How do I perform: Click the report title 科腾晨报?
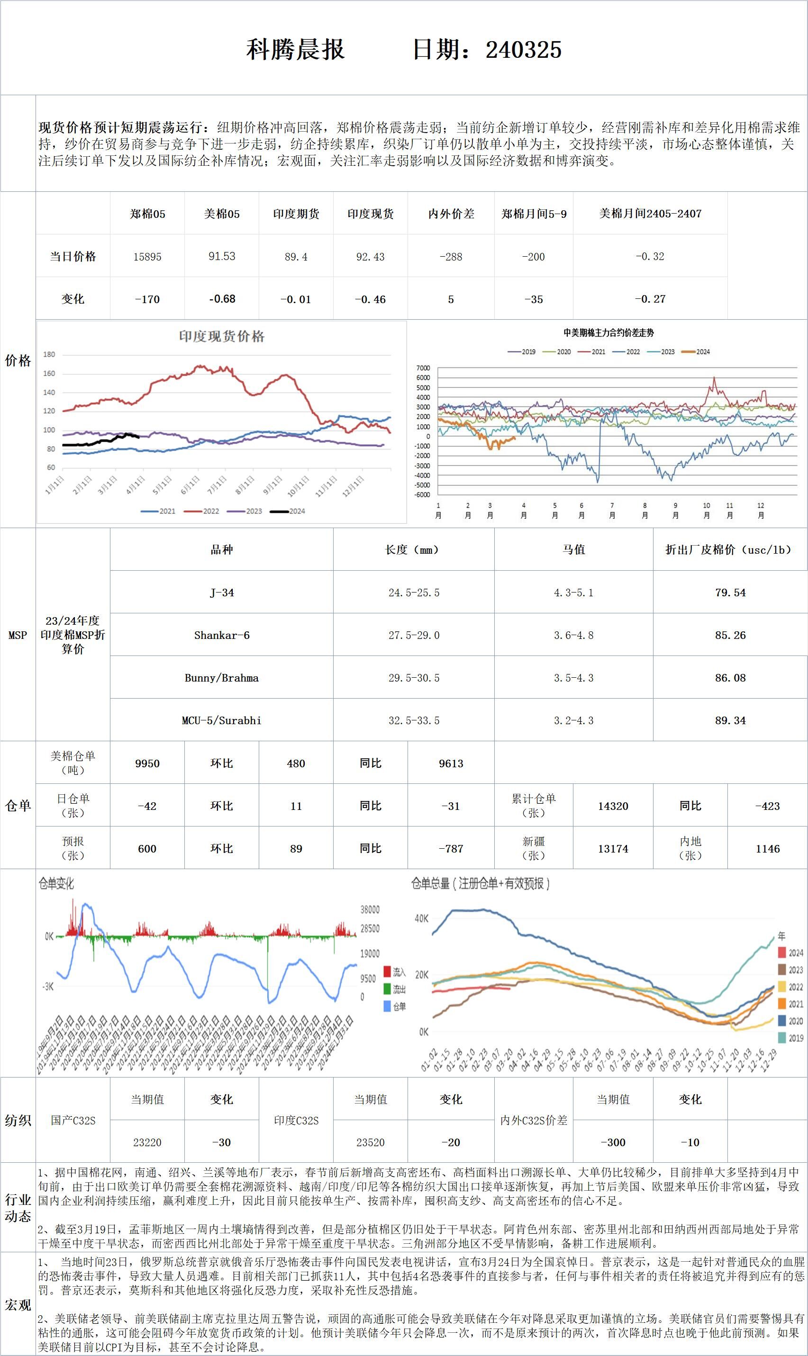(295, 50)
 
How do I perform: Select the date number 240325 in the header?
(523, 50)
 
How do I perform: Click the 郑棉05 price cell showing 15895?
(147, 256)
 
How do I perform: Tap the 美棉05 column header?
(222, 214)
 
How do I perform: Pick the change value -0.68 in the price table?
(222, 299)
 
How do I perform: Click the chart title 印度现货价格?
(222, 337)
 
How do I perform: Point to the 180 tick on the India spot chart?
(49, 354)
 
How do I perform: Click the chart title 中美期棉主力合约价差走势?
(608, 332)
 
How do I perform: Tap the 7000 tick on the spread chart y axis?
(423, 368)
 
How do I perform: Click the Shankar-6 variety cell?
(222, 635)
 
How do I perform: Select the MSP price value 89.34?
(730, 720)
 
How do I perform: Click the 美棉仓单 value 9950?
(147, 763)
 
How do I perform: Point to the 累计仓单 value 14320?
(613, 806)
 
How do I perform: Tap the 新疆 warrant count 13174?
(613, 848)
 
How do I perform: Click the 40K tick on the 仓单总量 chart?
(421, 918)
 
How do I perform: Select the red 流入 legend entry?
(394, 972)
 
